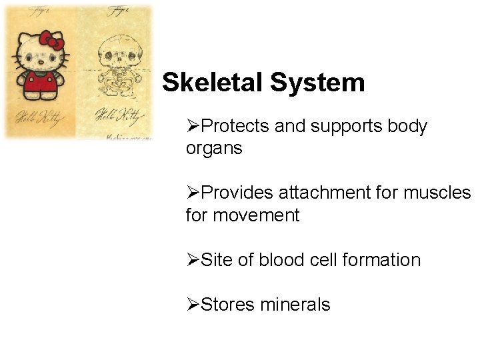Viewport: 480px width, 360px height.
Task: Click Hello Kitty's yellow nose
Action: (x=39, y=59)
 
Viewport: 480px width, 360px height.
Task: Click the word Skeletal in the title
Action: (x=213, y=83)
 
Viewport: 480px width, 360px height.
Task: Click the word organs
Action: (x=214, y=149)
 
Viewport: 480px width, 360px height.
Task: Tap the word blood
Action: (x=279, y=260)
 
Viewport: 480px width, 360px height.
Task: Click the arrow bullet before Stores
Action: (x=192, y=305)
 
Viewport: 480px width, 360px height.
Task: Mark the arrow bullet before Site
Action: (x=192, y=260)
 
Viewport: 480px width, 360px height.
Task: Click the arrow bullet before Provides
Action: (x=192, y=193)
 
